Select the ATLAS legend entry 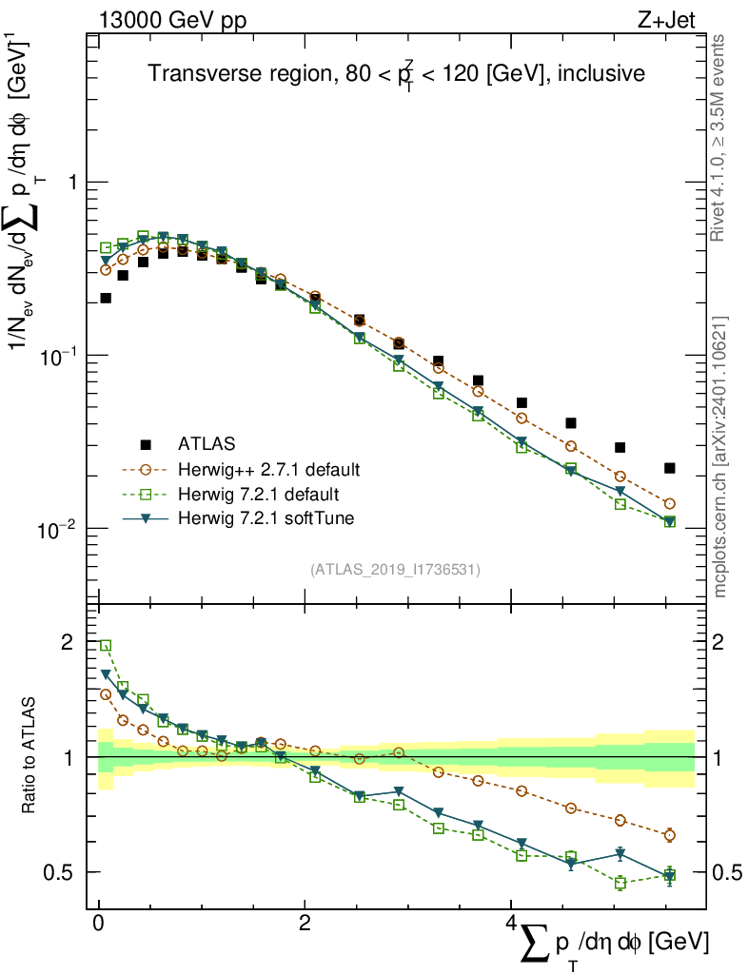207,443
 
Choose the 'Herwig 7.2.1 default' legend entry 259,495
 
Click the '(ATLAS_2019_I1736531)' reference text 394,569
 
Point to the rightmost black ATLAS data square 670,468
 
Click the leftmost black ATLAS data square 106,298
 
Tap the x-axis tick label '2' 305,924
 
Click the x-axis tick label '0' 98,924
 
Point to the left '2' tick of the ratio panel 67,642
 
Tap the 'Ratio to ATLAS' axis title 31,757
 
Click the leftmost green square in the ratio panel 106,646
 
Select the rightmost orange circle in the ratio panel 670,835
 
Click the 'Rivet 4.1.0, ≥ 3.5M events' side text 719,138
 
